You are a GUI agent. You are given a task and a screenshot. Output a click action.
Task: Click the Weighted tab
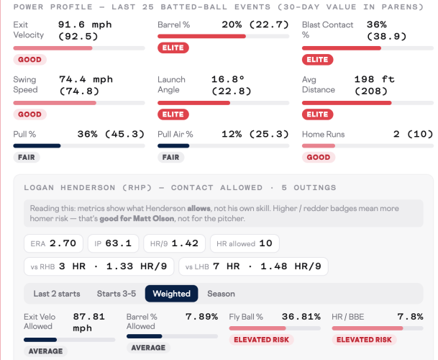[x=171, y=294]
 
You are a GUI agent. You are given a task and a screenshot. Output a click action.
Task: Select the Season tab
[x=221, y=294]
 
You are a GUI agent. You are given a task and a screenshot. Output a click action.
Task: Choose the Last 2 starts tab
[x=57, y=294]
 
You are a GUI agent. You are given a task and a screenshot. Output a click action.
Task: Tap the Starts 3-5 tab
[x=117, y=294]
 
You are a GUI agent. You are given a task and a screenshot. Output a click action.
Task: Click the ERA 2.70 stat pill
[x=53, y=243]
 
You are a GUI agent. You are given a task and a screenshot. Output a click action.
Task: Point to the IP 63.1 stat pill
[x=113, y=243]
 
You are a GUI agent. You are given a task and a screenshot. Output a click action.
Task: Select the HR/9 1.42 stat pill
[x=174, y=243]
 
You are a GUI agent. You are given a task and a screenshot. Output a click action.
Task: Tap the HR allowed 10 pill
[x=245, y=243]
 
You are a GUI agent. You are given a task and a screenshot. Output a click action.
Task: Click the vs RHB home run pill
[x=99, y=266]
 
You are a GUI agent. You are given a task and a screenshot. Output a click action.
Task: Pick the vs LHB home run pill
[x=253, y=266]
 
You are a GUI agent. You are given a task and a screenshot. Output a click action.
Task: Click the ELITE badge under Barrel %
[x=173, y=48]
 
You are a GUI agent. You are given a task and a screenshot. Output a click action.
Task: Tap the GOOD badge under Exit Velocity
[x=30, y=60]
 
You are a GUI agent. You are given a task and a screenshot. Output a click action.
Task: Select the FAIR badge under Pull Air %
[x=170, y=157]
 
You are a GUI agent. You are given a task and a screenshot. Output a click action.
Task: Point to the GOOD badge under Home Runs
[x=319, y=157]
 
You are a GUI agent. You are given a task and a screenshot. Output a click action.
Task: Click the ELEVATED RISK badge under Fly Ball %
[x=262, y=340]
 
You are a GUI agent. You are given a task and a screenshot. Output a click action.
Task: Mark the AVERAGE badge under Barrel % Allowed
[x=148, y=348]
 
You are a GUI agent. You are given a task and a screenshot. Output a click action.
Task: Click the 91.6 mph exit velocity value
[x=85, y=24]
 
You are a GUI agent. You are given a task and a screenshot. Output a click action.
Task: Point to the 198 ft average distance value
[x=374, y=79]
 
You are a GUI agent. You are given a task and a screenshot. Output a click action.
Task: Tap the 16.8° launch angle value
[x=228, y=79]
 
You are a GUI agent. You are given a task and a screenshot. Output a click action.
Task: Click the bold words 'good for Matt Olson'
[x=137, y=218]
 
